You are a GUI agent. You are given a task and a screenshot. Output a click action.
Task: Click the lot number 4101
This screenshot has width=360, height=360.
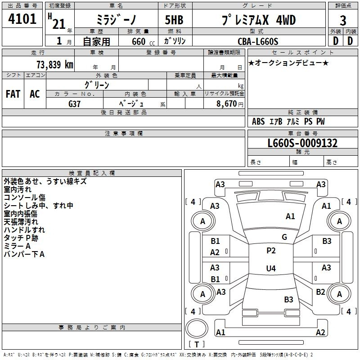pyautogui.click(x=22, y=19)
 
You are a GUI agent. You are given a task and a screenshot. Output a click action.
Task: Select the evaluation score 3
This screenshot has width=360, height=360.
pyautogui.click(x=343, y=20)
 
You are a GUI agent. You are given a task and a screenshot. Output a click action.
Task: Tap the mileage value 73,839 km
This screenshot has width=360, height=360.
pyautogui.click(x=55, y=64)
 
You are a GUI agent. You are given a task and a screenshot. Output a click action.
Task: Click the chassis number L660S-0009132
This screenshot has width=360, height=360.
pyautogui.click(x=302, y=143)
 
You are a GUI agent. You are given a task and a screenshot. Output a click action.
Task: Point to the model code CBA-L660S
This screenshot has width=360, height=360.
pyautogui.click(x=258, y=41)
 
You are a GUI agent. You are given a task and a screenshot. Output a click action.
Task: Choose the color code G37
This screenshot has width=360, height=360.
pyautogui.click(x=74, y=104)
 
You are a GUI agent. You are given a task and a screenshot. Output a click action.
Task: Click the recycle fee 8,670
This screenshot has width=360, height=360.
pyautogui.click(x=227, y=103)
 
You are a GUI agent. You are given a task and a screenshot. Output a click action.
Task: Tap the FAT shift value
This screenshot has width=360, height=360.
pyautogui.click(x=13, y=94)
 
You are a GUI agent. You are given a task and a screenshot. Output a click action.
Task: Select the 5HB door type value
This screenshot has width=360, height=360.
pyautogui.click(x=174, y=20)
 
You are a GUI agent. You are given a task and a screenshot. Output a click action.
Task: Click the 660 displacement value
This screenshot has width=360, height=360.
pyautogui.click(x=139, y=41)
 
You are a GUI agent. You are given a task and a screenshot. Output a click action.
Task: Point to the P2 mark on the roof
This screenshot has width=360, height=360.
pyautogui.click(x=271, y=251)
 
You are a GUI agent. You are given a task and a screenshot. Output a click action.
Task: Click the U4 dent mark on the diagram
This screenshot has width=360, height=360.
pyautogui.click(x=271, y=268)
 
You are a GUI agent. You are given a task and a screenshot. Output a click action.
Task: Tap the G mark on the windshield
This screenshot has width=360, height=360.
pyautogui.click(x=284, y=237)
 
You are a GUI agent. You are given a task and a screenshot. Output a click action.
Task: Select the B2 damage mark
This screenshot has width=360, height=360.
pyautogui.click(x=320, y=292)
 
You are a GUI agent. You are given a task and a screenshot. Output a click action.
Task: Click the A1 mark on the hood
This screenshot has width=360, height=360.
pyautogui.click(x=290, y=216)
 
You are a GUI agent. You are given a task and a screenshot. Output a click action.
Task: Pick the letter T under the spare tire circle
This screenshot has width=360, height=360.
pyautogui.click(x=197, y=344)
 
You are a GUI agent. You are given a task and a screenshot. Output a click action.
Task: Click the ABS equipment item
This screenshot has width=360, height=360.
pyautogui.click(x=258, y=121)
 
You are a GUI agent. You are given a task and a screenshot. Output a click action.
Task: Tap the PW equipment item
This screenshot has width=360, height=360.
pyautogui.click(x=320, y=121)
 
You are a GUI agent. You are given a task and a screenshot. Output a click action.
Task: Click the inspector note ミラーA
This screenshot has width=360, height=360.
pyautogui.click(x=17, y=246)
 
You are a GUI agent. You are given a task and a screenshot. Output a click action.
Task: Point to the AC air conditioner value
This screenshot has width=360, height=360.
pyautogui.click(x=35, y=94)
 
